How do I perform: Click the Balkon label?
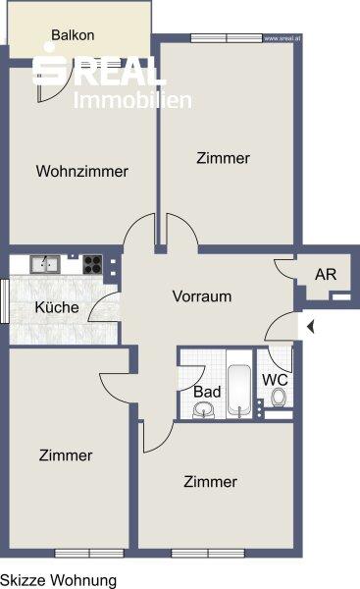coord(73,35)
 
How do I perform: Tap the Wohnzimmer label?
coord(82,171)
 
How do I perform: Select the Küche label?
coord(57,307)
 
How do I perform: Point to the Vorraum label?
coord(201,296)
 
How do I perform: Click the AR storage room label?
coord(325,275)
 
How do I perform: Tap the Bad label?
coord(207,392)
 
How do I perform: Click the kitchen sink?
coord(43,263)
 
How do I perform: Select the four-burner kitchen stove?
coord(93,263)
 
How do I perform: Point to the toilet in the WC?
coord(279,399)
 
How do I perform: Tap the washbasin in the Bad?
coord(204,410)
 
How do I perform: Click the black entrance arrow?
coord(309,327)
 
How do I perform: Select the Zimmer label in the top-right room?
coord(223,157)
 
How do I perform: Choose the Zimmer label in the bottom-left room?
coord(67,455)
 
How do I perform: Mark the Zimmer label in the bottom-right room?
coord(210,482)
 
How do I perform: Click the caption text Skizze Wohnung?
coord(58,580)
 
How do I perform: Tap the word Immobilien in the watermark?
coord(136,99)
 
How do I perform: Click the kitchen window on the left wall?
coord(5,298)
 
